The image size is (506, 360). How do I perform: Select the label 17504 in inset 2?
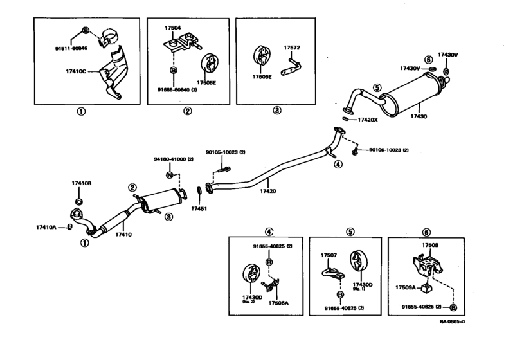point(172,28)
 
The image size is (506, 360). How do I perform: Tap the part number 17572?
point(293,47)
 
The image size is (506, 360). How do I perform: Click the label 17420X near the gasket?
point(367,120)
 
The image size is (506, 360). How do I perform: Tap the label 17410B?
point(82,183)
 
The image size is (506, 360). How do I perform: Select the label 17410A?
point(46,226)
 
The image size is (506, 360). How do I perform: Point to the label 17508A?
point(278,302)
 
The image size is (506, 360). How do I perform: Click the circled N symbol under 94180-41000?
point(170,175)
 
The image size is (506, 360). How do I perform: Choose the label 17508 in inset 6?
point(429,244)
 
